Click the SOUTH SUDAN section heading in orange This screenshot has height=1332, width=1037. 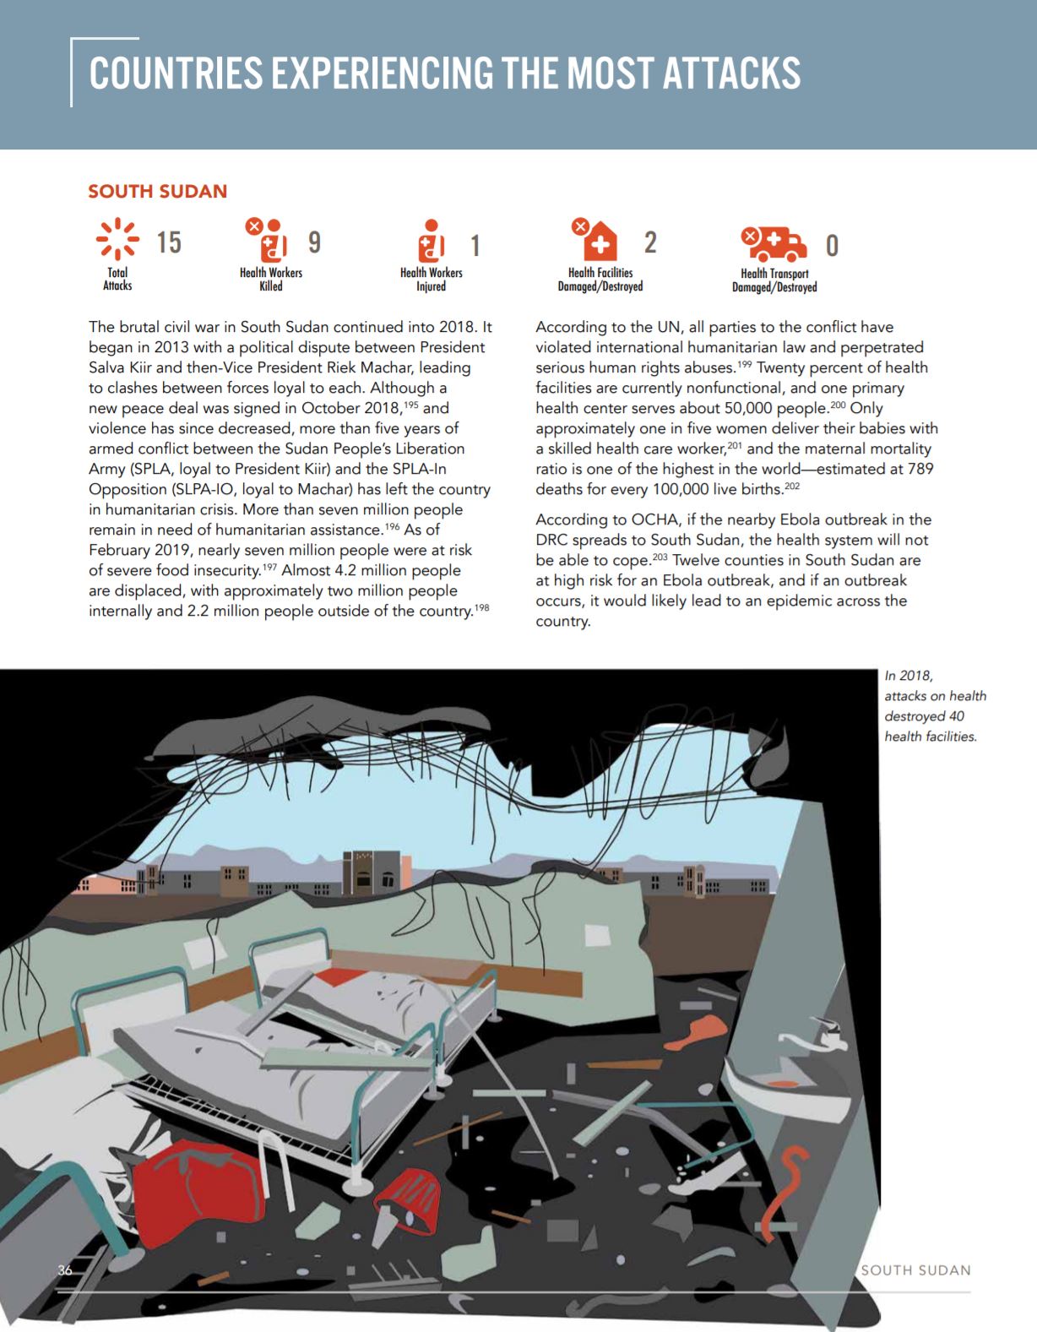(x=158, y=191)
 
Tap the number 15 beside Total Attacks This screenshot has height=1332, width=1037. (x=169, y=242)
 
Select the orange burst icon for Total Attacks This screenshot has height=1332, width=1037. (x=117, y=239)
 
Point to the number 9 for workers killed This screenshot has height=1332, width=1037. (x=314, y=242)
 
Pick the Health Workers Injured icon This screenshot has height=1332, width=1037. (x=431, y=242)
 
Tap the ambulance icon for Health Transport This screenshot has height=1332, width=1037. (x=774, y=244)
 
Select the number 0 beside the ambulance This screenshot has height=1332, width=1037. (x=832, y=246)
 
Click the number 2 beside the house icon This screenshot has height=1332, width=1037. (x=649, y=242)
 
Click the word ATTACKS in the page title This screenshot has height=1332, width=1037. (x=731, y=73)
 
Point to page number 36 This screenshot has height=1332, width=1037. (x=65, y=1270)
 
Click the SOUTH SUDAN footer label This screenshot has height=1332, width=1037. (x=915, y=1269)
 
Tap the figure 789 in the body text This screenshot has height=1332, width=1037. (x=920, y=469)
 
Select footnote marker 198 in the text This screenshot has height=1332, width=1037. (x=481, y=607)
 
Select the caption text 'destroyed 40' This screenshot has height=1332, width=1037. (x=924, y=716)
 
